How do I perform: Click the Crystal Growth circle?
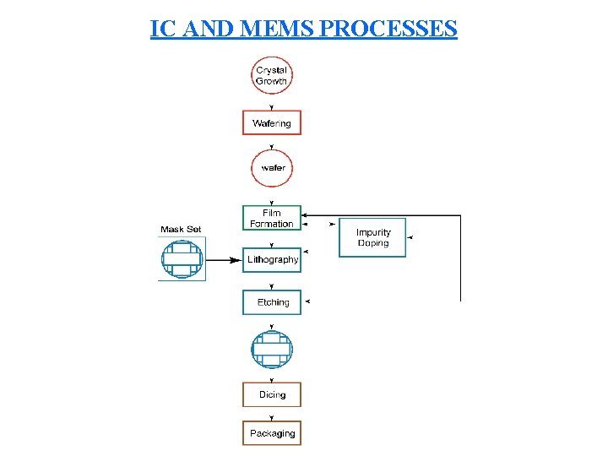coord(272,75)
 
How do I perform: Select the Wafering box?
coord(272,123)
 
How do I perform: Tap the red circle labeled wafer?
coord(272,167)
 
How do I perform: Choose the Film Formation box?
coord(272,218)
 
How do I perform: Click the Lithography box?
coord(272,260)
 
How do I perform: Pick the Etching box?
coord(272,302)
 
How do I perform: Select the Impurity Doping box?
coord(372,237)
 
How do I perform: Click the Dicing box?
coord(272,395)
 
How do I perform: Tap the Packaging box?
coord(272,433)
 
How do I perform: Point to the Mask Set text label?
coord(181,229)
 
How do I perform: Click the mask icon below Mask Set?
coord(182,259)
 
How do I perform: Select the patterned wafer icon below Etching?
coord(272,349)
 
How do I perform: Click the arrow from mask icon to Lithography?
coord(223,260)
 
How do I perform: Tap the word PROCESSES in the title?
coord(389,29)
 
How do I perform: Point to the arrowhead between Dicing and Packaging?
coord(272,417)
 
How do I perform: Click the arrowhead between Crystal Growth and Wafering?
coord(272,107)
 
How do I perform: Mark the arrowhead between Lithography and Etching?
coord(272,286)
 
